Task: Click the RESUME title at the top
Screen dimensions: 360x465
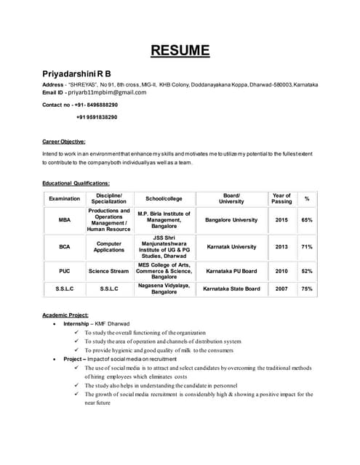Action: pyautogui.click(x=180, y=51)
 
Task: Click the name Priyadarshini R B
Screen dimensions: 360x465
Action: pyautogui.click(x=77, y=74)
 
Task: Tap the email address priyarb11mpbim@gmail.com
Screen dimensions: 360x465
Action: pyautogui.click(x=107, y=93)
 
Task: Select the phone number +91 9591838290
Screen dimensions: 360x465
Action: pyautogui.click(x=97, y=117)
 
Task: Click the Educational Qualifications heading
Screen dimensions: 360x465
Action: pyautogui.click(x=76, y=184)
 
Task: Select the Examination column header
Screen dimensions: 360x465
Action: pyautogui.click(x=64, y=198)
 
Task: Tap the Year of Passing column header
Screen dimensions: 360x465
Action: pyautogui.click(x=281, y=198)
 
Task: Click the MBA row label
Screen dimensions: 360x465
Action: pyautogui.click(x=64, y=219)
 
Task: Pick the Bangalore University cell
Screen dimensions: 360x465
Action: pyautogui.click(x=231, y=219)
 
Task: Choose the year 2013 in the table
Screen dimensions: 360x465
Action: pyautogui.click(x=281, y=247)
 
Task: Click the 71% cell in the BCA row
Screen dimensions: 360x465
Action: pyautogui.click(x=308, y=247)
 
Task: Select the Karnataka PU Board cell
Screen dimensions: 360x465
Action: pyautogui.click(x=231, y=272)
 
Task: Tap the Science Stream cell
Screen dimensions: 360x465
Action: pyautogui.click(x=108, y=272)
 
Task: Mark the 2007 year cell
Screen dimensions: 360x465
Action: pyautogui.click(x=281, y=289)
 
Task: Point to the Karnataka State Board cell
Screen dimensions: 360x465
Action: pyautogui.click(x=231, y=289)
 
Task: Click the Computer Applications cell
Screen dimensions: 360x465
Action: pyautogui.click(x=108, y=247)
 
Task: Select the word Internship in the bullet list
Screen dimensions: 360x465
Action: pyautogui.click(x=76, y=323)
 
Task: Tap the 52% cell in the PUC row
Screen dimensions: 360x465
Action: pyautogui.click(x=308, y=272)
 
